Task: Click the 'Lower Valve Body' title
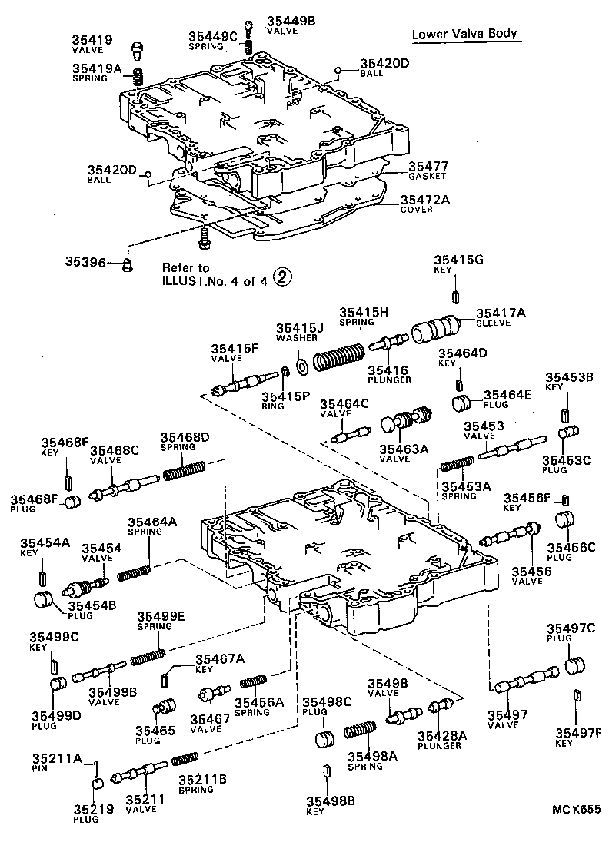pyautogui.click(x=464, y=35)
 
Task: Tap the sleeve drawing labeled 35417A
pyautogui.click(x=434, y=330)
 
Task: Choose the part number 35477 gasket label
pyautogui.click(x=428, y=166)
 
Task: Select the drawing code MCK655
pyautogui.click(x=575, y=809)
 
